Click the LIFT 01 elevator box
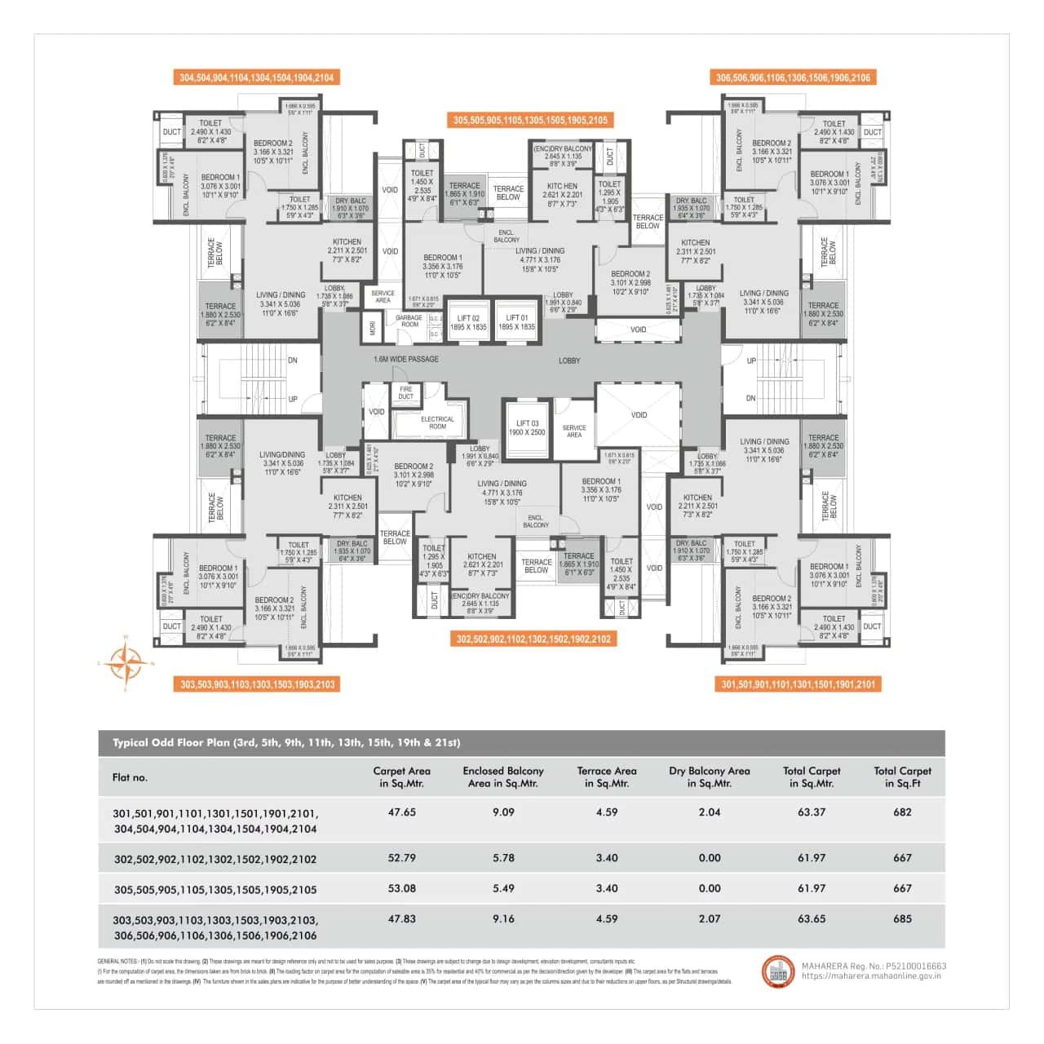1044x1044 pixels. tap(516, 322)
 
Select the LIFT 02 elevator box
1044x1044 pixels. tap(468, 322)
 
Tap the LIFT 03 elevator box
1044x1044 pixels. tap(527, 428)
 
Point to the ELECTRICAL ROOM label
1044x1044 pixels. tap(437, 422)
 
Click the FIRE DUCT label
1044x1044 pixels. tap(405, 392)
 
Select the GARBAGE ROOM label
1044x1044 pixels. tap(409, 321)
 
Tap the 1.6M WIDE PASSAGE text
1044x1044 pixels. tap(405, 359)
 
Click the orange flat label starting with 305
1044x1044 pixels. tap(530, 120)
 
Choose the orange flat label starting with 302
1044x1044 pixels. tap(533, 639)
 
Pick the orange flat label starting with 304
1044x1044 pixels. tap(256, 77)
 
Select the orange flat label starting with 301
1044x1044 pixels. tap(798, 684)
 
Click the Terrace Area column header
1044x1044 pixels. tap(606, 776)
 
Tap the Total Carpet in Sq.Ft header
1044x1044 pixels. tap(902, 776)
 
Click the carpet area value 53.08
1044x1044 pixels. tap(402, 888)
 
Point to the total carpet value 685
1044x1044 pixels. tap(902, 918)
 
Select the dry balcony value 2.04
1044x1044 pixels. tap(710, 812)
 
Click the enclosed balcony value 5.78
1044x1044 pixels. tap(503, 858)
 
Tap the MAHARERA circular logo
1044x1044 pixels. tap(777, 971)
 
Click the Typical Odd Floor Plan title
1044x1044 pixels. tap(286, 743)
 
